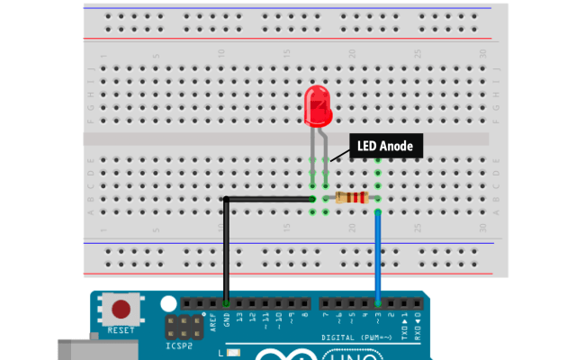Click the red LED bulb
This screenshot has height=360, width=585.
[x=318, y=105]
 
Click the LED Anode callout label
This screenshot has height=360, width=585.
[x=384, y=146]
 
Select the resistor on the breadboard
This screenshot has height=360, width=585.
[x=351, y=198]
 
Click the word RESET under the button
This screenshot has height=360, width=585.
[x=120, y=329]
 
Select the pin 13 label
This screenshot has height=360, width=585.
[x=239, y=318]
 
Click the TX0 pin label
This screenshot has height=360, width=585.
[x=404, y=318]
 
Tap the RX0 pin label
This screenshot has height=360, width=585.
[x=417, y=318]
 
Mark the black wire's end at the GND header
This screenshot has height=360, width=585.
[x=226, y=303]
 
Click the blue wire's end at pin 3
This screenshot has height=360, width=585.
[x=378, y=303]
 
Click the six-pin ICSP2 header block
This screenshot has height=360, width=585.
[x=181, y=327]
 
